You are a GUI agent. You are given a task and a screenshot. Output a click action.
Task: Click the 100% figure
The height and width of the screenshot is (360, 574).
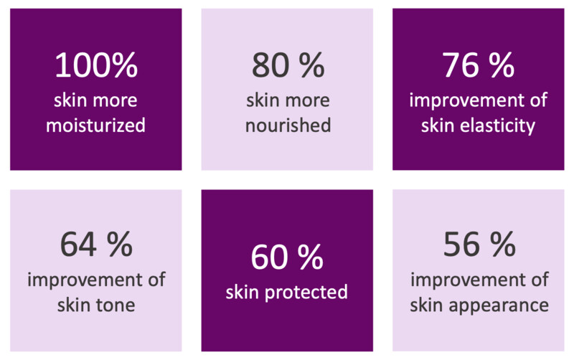[x=96, y=65]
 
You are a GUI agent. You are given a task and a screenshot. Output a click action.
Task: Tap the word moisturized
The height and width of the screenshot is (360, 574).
[x=95, y=125]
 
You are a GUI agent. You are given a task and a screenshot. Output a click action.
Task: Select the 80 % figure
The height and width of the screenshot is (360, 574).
[x=288, y=65]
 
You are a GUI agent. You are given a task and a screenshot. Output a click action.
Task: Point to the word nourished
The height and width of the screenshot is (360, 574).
[x=288, y=125]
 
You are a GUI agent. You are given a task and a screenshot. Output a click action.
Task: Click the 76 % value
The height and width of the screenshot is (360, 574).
[x=478, y=65]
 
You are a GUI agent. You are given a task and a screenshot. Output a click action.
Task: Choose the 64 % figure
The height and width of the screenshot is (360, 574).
[x=96, y=244]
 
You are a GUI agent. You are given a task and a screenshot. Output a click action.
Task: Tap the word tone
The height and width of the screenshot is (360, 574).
[x=116, y=305]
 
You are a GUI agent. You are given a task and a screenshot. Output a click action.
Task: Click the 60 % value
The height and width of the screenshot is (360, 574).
[x=287, y=257]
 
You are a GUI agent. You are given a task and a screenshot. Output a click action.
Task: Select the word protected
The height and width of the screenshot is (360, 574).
[x=306, y=293]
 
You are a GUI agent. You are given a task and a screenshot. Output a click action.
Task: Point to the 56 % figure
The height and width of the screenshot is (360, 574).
[x=479, y=244]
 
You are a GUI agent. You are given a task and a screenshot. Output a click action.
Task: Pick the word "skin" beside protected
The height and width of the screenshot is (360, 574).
[x=243, y=293]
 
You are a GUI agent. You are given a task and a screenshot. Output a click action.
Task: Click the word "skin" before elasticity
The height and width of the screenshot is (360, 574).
[x=438, y=125]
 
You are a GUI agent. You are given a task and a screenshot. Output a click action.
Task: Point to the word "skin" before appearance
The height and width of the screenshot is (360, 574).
[x=426, y=305]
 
